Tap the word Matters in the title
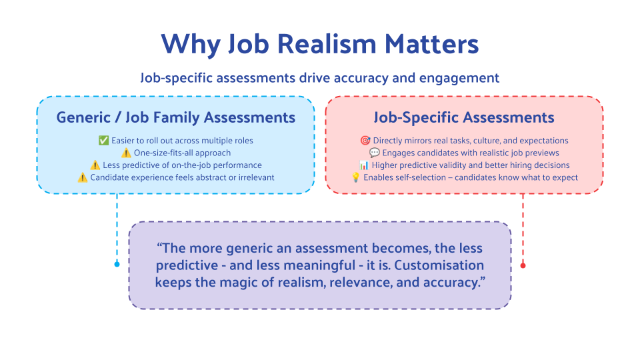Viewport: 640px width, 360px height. tap(431, 44)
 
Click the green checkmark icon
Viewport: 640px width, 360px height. tap(104, 141)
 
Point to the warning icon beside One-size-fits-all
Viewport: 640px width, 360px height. tap(126, 153)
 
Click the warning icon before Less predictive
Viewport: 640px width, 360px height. tap(95, 165)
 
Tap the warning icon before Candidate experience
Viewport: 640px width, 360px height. tap(83, 177)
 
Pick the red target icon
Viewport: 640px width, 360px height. tap(365, 141)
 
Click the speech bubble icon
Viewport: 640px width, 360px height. tap(374, 153)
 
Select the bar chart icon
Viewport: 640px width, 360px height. tap(364, 165)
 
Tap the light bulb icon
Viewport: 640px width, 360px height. tap(356, 177)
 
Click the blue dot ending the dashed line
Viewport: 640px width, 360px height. tap(117, 264)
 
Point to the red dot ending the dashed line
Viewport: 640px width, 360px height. tap(523, 266)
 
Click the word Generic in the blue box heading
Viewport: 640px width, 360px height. tap(83, 117)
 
